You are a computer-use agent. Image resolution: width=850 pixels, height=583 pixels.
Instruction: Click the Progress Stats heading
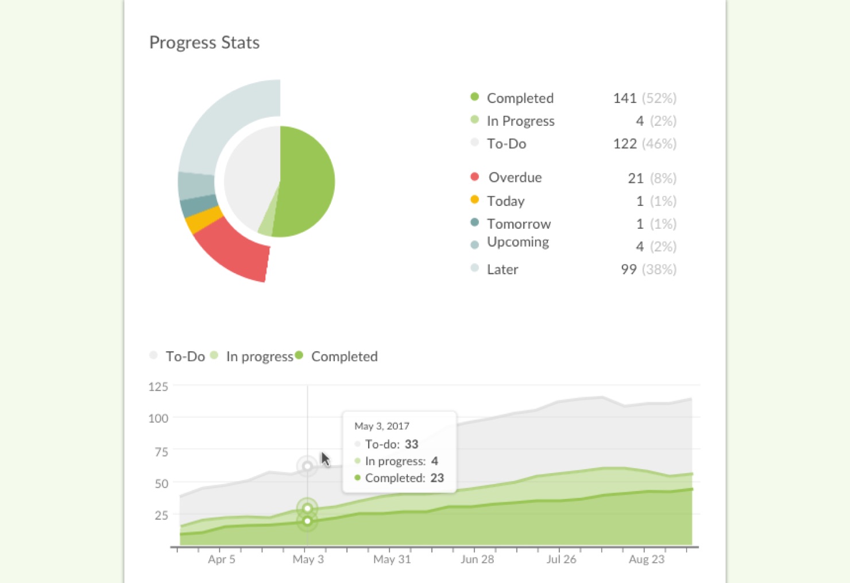click(204, 43)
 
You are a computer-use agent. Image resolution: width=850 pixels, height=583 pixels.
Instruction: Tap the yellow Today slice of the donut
click(204, 221)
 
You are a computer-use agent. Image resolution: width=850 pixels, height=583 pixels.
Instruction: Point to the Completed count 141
click(624, 98)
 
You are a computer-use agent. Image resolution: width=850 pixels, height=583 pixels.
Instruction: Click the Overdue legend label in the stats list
click(515, 178)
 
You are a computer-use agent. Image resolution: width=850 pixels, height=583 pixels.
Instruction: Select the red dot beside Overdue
click(474, 177)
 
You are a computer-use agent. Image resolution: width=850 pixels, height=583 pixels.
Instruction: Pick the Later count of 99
click(628, 270)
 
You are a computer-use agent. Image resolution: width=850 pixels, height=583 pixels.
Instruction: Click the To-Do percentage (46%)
click(659, 144)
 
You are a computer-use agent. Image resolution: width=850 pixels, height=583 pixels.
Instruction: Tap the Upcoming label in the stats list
click(517, 242)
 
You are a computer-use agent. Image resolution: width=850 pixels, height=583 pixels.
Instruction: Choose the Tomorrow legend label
click(519, 224)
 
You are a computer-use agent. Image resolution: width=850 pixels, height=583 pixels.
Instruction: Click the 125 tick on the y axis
click(158, 387)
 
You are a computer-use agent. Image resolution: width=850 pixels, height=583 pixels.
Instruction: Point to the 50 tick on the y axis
click(161, 484)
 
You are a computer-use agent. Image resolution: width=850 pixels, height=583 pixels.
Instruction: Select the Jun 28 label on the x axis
click(477, 559)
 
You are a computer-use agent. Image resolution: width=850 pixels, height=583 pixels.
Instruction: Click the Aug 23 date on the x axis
click(646, 559)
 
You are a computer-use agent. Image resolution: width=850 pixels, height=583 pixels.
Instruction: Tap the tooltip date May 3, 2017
click(381, 426)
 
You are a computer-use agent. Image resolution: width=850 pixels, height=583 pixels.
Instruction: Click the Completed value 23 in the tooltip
click(437, 478)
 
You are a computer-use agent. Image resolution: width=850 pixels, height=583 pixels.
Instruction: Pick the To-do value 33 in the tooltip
click(411, 444)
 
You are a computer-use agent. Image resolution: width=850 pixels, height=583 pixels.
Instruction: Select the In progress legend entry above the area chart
click(259, 356)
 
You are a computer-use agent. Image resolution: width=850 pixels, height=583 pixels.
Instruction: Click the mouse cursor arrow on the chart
click(325, 459)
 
